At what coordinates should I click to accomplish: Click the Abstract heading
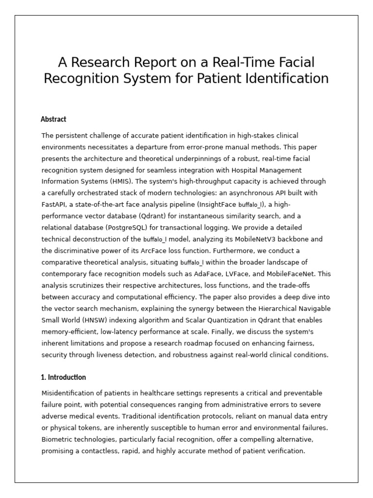pos(53,119)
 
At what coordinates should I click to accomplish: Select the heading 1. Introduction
pos(64,377)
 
